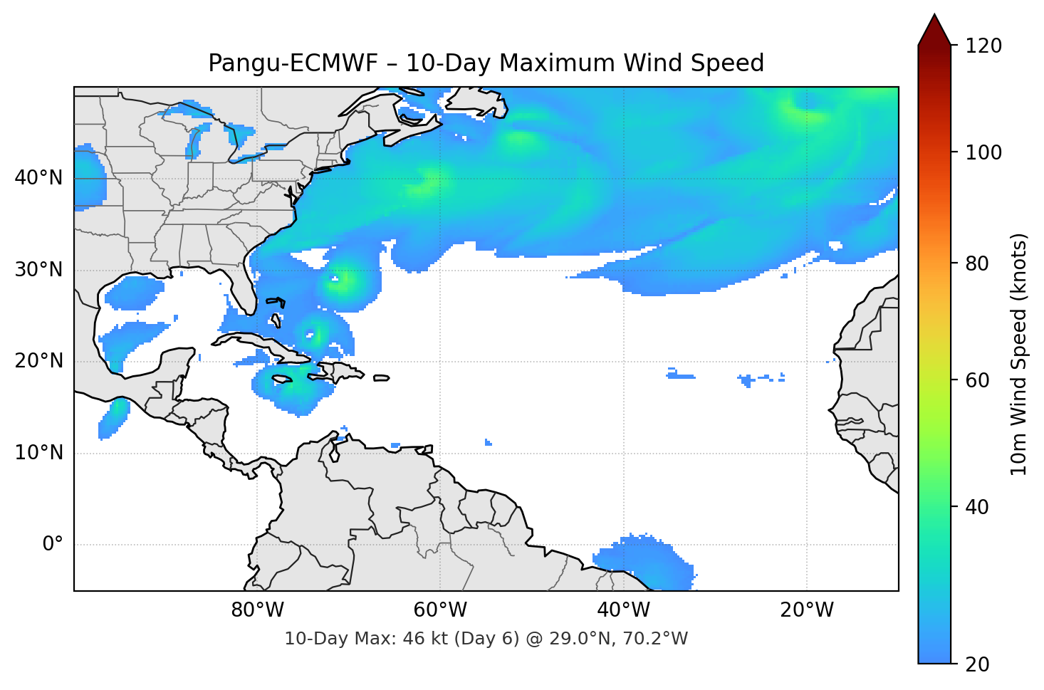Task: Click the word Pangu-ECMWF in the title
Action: tap(292, 63)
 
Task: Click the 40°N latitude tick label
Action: tap(38, 178)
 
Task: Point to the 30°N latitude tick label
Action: tap(38, 270)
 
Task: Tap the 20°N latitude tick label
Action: tap(38, 361)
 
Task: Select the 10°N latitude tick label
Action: tap(38, 453)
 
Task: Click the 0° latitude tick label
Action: tap(52, 545)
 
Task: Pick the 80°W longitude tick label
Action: tap(257, 610)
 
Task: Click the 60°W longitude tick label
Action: tap(440, 610)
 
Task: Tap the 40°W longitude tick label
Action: tap(623, 610)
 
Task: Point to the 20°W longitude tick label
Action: tap(806, 610)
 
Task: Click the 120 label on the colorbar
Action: tap(983, 46)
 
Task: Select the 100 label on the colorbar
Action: tap(983, 152)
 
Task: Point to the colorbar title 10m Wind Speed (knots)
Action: tap(1019, 354)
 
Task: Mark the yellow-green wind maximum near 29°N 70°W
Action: tap(345, 279)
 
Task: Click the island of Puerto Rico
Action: tap(381, 378)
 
